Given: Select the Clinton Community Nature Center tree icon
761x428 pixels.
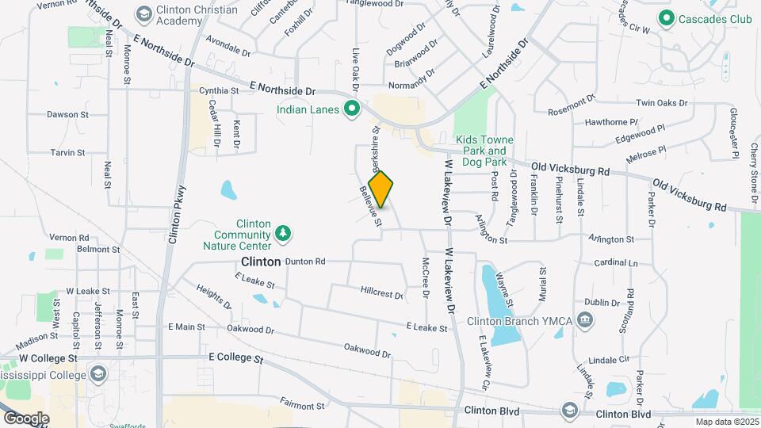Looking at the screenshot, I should pos(283,233).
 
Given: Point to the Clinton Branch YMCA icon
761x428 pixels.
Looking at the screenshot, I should pos(586,320).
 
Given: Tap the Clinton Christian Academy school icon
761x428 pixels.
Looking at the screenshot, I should pos(143,14).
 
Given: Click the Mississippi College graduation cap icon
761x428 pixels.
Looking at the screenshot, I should pos(98,373).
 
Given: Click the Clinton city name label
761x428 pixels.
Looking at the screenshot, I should pos(261,262).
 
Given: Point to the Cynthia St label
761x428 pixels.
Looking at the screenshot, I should pos(219,91).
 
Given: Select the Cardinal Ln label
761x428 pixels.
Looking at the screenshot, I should pos(616,262).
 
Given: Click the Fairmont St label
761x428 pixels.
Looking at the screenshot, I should pos(302,406).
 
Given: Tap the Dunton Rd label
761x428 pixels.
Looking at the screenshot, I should pos(305,261).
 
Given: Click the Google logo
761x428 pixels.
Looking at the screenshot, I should pos(26,418).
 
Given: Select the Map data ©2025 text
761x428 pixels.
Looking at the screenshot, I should pos(725,422).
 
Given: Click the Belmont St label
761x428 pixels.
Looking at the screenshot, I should pos(98,249).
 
